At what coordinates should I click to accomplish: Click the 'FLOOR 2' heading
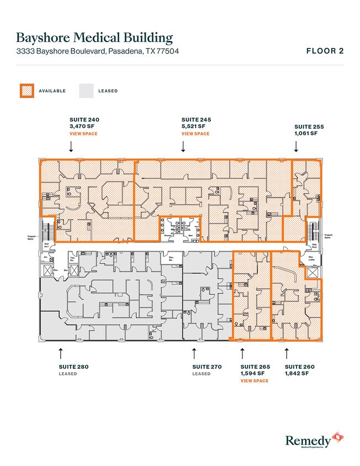325,51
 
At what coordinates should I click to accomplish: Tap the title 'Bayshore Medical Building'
94,38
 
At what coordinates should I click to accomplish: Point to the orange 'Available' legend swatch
27,91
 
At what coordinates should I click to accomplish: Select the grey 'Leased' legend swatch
86,91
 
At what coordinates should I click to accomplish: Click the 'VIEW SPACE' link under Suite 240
83,134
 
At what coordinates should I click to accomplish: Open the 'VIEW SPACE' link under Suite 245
195,134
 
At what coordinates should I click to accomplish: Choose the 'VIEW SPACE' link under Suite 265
255,381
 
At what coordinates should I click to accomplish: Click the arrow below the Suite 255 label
296,146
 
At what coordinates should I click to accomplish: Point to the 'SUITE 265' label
255,367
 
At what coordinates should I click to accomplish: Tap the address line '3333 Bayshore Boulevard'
97,51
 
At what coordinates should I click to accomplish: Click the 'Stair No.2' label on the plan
314,245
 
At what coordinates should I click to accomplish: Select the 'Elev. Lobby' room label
311,258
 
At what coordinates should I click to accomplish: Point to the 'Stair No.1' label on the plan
47,245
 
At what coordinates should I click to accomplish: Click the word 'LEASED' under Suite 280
67,374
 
